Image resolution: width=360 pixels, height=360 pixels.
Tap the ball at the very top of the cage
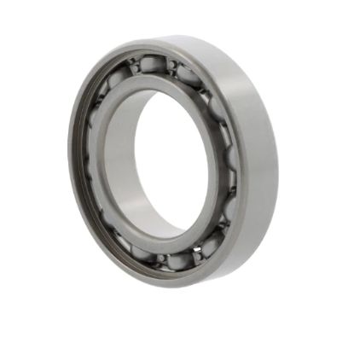pyautogui.click(x=153, y=63)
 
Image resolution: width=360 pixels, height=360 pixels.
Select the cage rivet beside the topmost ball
pyautogui.click(x=172, y=65)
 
